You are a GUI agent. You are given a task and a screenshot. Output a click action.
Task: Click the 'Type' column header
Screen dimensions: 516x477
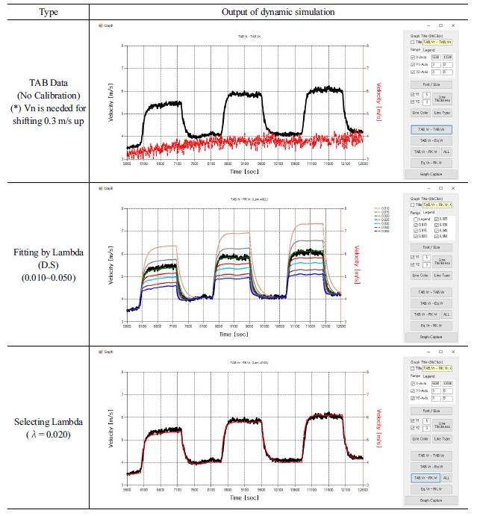(45, 13)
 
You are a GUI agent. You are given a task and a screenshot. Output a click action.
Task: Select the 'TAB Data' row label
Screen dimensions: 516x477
(45, 83)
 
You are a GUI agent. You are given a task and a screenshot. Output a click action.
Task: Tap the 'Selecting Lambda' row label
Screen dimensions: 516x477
(45, 423)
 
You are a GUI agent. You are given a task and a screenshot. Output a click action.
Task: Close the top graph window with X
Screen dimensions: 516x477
(458, 25)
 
